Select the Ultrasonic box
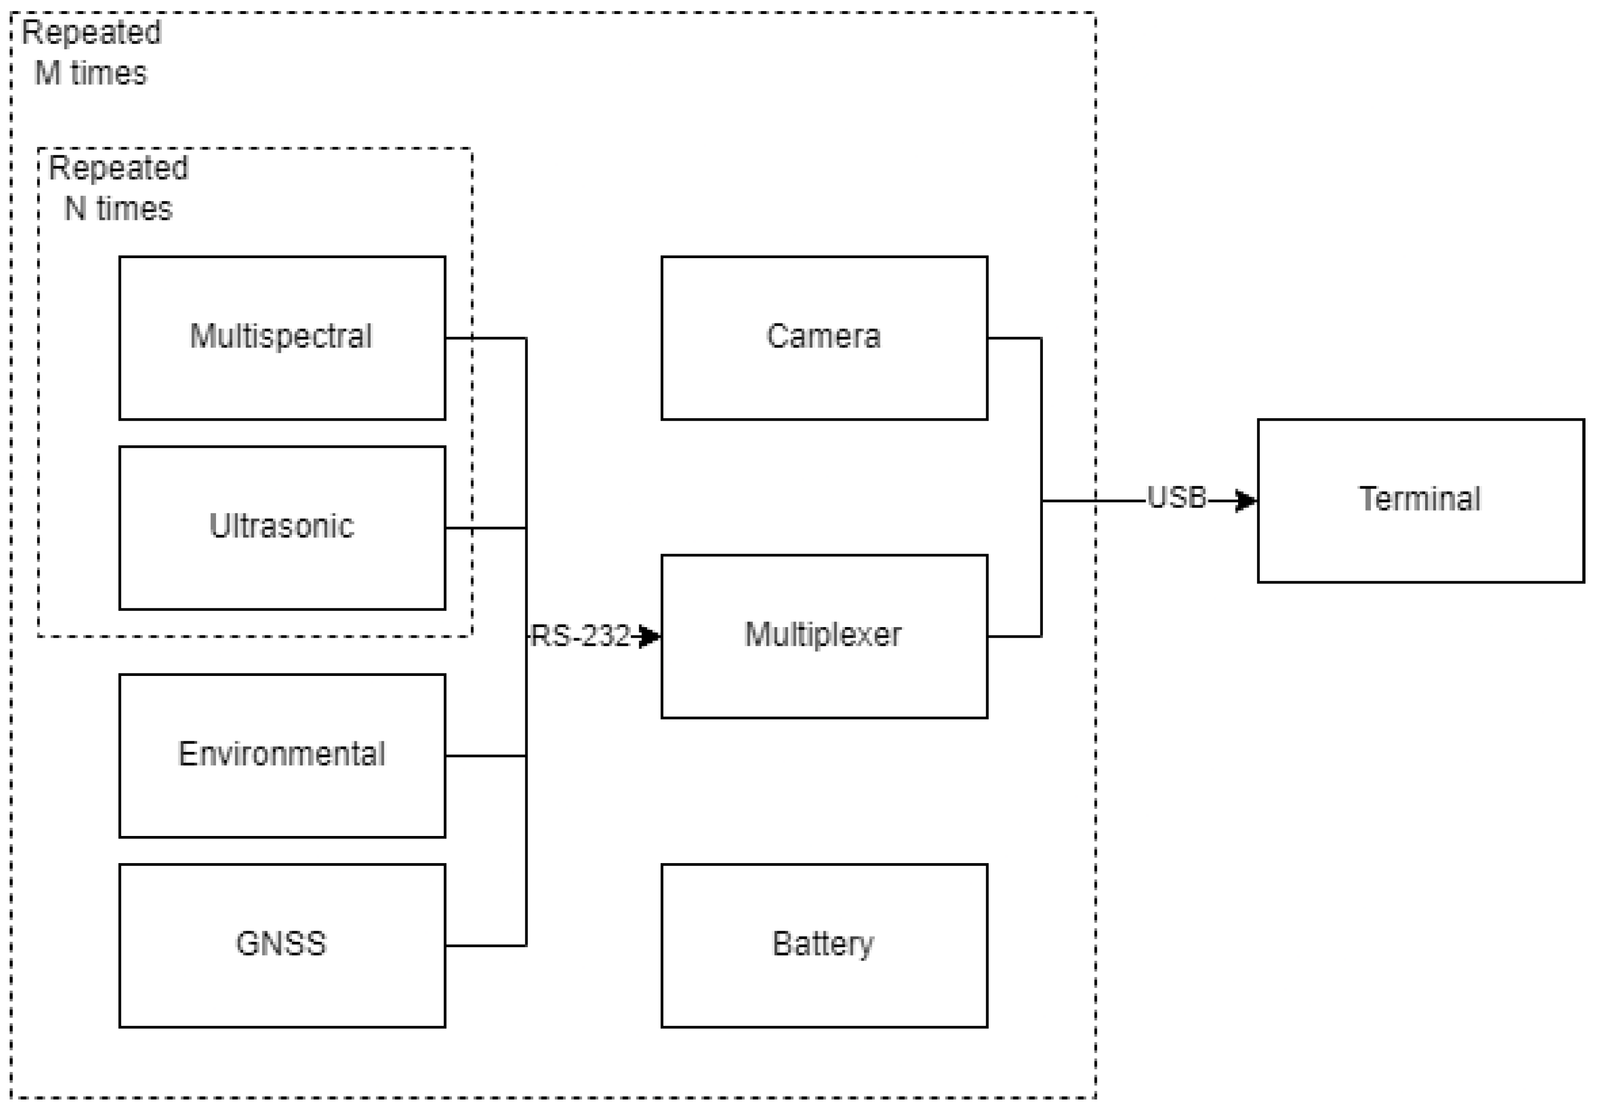(282, 557)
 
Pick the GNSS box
(282, 976)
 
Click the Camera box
(824, 369)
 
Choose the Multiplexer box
(824, 669)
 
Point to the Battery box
(824, 976)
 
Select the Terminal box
(1420, 530)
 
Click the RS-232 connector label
(580, 636)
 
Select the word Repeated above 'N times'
(118, 168)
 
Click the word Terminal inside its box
(1420, 499)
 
